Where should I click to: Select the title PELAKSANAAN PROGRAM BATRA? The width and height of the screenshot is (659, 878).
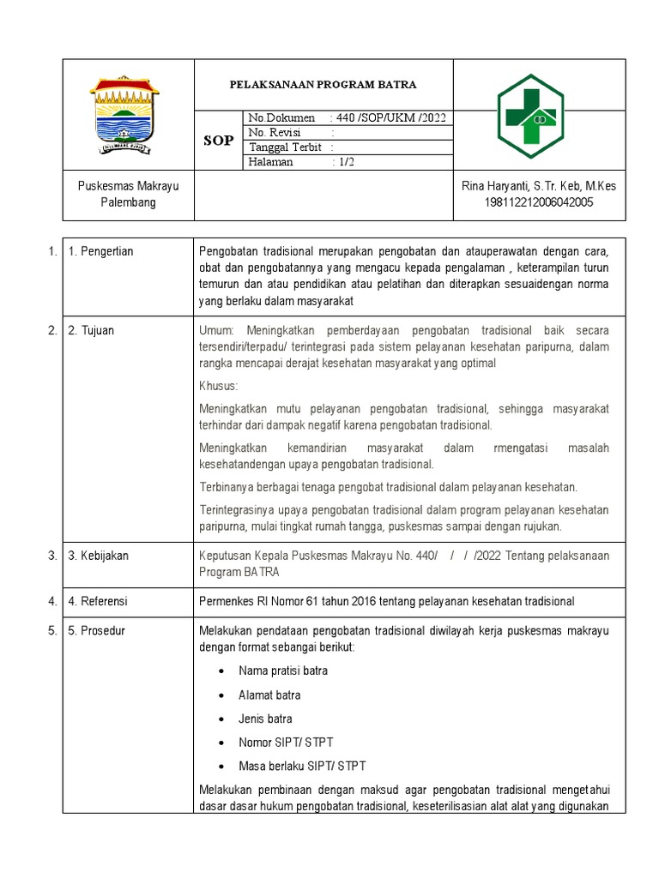click(x=323, y=85)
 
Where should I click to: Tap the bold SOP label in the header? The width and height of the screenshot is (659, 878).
click(x=218, y=140)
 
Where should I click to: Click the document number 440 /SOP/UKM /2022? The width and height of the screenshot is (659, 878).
click(x=388, y=117)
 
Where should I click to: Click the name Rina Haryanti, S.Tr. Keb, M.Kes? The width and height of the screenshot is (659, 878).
click(x=539, y=186)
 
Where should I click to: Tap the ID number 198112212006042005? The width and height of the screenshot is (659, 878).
click(x=539, y=202)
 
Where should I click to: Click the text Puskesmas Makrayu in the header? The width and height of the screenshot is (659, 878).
click(x=128, y=186)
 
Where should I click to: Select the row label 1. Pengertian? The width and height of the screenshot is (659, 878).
click(x=100, y=251)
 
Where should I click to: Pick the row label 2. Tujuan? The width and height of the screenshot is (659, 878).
click(x=92, y=330)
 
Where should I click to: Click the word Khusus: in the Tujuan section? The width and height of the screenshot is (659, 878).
click(x=218, y=386)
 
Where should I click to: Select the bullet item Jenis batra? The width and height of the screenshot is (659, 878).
click(x=265, y=719)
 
